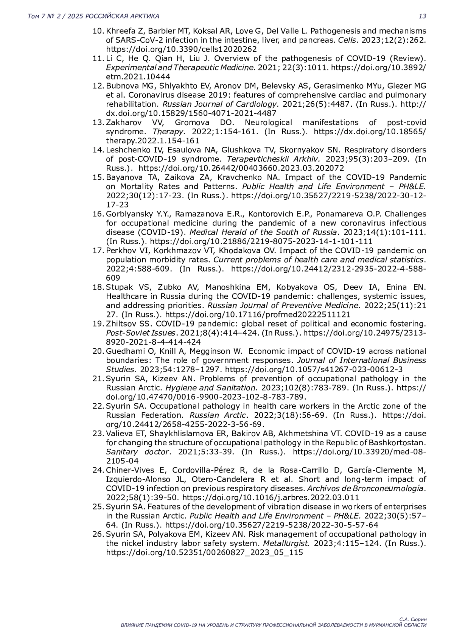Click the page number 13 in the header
(x=422, y=16)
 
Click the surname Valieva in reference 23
(x=118, y=434)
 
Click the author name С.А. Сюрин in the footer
(x=413, y=619)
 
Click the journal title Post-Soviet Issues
(x=141, y=333)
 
